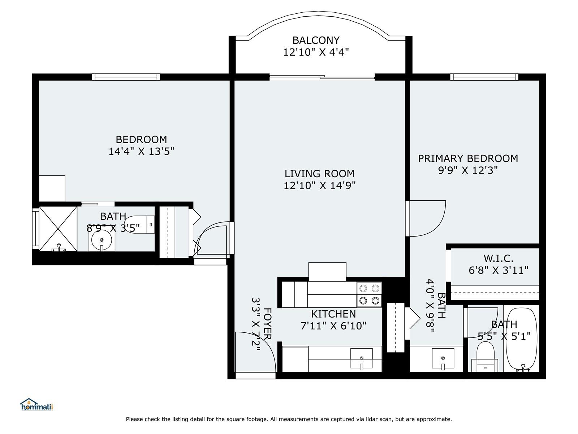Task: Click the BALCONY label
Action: click(316, 40)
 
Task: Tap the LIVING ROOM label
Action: click(319, 174)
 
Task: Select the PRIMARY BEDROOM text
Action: click(468, 158)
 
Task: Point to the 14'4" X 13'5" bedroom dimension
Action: click(141, 152)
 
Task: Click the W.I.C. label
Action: click(499, 259)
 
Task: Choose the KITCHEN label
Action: click(333, 314)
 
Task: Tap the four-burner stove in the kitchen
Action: click(369, 294)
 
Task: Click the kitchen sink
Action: click(362, 358)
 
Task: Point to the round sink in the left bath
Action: click(102, 240)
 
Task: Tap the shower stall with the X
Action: click(58, 229)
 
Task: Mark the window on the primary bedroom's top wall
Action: click(484, 77)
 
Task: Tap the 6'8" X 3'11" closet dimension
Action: click(499, 270)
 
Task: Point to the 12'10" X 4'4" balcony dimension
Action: click(316, 52)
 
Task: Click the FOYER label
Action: click(267, 324)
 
